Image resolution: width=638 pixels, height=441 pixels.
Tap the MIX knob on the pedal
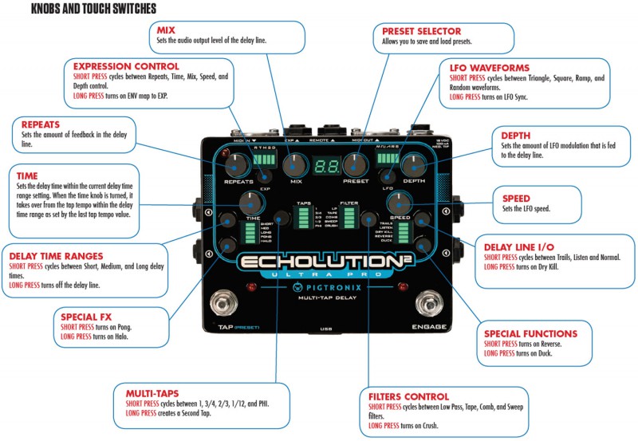click(x=295, y=165)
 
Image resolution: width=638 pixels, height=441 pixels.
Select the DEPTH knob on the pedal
click(x=414, y=165)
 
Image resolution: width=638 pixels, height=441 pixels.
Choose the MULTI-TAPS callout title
click(x=152, y=393)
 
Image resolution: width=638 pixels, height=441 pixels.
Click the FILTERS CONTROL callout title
click(x=409, y=396)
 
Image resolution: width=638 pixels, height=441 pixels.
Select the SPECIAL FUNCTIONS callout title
click(x=530, y=333)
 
